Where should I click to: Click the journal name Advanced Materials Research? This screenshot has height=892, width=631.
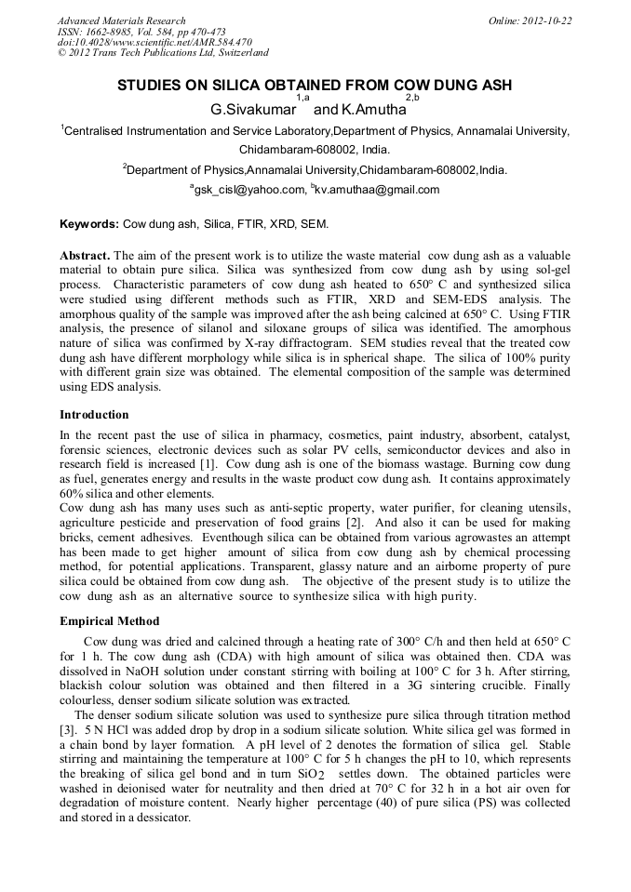coord(121,20)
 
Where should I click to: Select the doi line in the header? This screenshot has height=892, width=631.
coord(154,42)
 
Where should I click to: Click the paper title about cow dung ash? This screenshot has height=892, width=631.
coord(315,86)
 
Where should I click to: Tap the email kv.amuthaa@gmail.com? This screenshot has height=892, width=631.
coord(377,190)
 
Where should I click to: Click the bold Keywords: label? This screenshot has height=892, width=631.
coord(90,225)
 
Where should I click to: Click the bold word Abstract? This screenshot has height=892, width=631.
coord(86,255)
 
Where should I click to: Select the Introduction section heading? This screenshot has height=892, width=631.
coord(94,415)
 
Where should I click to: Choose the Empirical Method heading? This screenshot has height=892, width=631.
coord(109,621)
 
